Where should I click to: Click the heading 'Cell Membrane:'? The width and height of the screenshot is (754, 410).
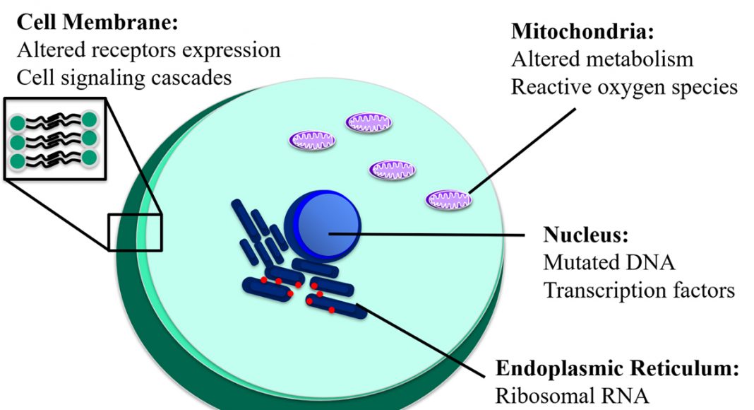(97, 22)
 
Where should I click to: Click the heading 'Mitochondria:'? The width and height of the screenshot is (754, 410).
(582, 31)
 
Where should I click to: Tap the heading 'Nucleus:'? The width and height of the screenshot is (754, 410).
(586, 235)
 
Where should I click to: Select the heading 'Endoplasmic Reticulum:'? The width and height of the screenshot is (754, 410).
(617, 368)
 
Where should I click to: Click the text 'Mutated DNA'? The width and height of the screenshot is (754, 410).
(609, 263)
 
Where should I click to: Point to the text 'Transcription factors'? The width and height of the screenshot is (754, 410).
(639, 291)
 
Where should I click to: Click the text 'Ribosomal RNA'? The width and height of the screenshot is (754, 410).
(573, 396)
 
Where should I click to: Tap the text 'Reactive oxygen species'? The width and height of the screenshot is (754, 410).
(624, 88)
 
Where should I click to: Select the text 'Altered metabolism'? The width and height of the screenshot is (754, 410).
(602, 59)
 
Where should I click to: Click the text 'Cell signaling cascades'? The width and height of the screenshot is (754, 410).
(124, 78)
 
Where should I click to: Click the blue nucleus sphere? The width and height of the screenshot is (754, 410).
(323, 226)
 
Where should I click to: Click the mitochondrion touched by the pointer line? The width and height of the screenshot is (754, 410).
(448, 199)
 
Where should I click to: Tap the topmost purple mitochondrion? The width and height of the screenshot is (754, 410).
(369, 123)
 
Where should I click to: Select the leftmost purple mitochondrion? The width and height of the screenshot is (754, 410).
(312, 140)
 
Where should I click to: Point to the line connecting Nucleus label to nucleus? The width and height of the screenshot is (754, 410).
(426, 235)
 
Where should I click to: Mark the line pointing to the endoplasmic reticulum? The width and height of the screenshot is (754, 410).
(421, 340)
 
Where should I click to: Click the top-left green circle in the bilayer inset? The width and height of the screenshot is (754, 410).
(18, 123)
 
